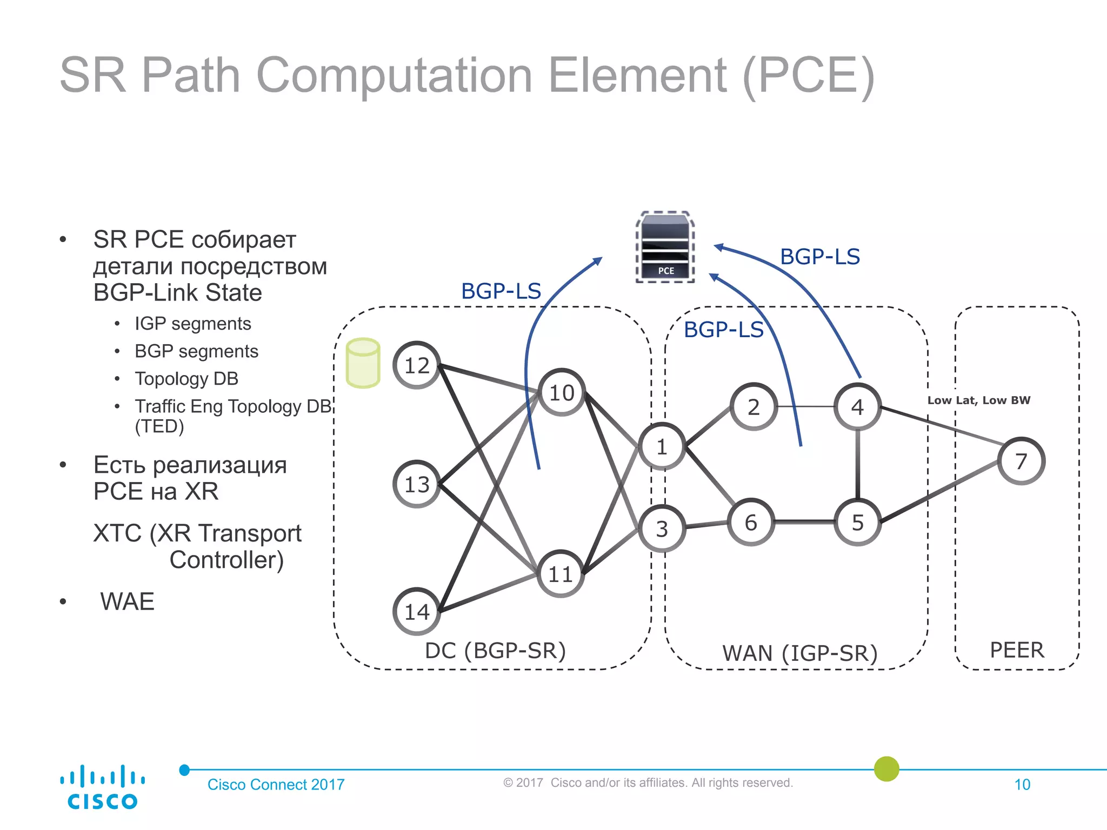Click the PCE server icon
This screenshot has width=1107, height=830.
click(665, 247)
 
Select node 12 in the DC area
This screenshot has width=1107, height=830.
click(416, 365)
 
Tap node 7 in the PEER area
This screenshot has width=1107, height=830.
click(1021, 461)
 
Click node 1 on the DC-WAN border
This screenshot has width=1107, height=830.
click(662, 446)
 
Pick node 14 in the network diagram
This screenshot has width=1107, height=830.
click(416, 611)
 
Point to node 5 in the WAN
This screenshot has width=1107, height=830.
click(857, 522)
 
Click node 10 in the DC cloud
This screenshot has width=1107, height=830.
click(562, 392)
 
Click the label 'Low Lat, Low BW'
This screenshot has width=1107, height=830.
click(978, 400)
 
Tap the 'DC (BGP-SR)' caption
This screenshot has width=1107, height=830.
click(495, 650)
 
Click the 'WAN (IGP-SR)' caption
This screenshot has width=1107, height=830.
click(799, 653)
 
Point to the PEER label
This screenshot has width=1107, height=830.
click(1017, 650)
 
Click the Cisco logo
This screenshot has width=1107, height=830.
click(102, 787)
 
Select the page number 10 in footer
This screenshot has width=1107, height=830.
click(1022, 784)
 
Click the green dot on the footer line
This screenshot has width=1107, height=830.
click(886, 768)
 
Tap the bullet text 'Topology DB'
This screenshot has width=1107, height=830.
click(186, 378)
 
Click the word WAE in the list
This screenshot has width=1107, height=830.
click(127, 601)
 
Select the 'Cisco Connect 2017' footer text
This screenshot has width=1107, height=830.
click(276, 784)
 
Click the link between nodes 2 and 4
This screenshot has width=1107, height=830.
click(805, 406)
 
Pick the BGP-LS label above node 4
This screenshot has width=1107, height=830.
click(819, 257)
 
